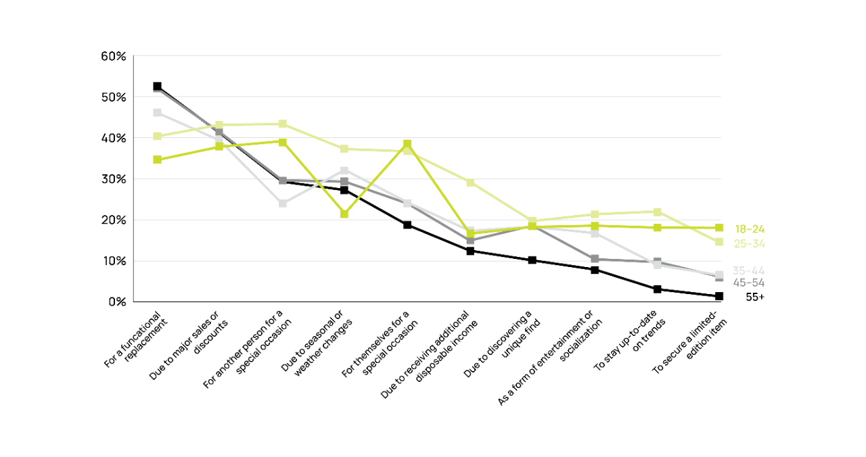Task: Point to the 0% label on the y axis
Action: (116, 302)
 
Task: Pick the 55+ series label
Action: (754, 297)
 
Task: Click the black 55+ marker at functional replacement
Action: (157, 87)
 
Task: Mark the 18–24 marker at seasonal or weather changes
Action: (344, 214)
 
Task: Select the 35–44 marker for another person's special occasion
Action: (282, 203)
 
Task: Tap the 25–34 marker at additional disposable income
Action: (470, 183)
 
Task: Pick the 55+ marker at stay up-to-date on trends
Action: (656, 289)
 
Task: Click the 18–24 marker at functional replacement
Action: (157, 160)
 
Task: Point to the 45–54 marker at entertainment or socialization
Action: (594, 259)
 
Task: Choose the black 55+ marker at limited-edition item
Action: (719, 296)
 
